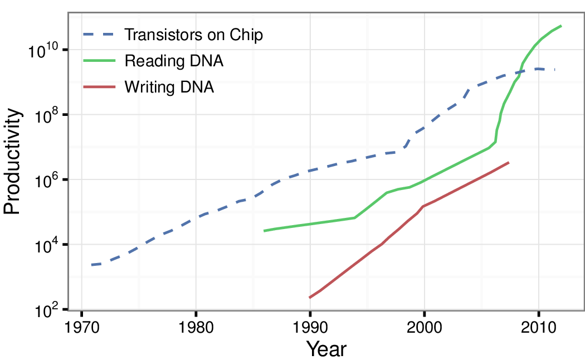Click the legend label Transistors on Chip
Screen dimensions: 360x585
(193, 35)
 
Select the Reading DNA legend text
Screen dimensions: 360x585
(174, 61)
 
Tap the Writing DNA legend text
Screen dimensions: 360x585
(169, 87)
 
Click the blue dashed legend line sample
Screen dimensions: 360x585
(99, 35)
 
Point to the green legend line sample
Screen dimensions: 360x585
(99, 61)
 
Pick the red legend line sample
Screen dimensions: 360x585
(99, 87)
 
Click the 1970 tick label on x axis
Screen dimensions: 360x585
(82, 326)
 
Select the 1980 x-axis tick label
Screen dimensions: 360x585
(196, 326)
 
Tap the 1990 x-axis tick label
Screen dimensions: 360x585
(310, 326)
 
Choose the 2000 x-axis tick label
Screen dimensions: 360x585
(424, 326)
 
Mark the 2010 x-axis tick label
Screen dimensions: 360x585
(538, 326)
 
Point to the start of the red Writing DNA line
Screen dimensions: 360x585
(310, 298)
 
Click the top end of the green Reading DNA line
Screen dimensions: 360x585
(561, 26)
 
